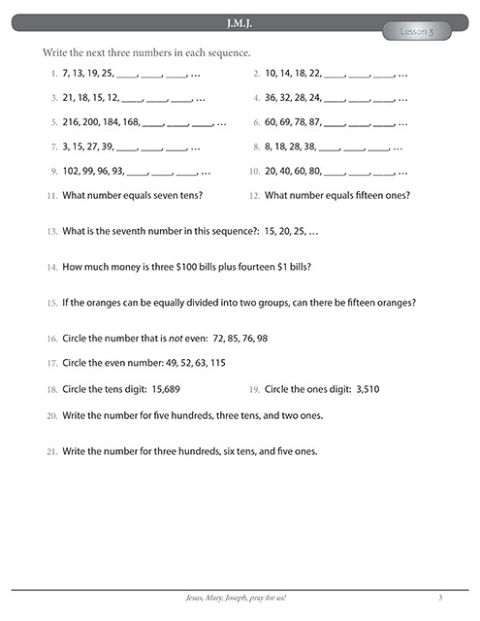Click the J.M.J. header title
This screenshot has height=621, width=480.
pyautogui.click(x=240, y=21)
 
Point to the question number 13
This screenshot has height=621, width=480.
pyautogui.click(x=51, y=233)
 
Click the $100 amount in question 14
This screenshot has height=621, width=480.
pyautogui.click(x=175, y=267)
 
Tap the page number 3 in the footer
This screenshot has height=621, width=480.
pyautogui.click(x=440, y=597)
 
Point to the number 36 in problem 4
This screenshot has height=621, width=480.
pyautogui.click(x=271, y=98)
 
